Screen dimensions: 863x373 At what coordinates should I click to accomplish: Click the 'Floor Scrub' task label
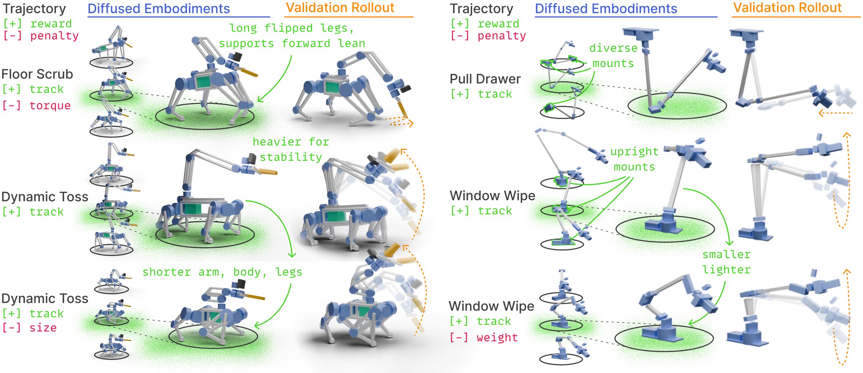(37, 74)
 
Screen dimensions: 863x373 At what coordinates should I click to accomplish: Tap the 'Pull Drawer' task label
(485, 79)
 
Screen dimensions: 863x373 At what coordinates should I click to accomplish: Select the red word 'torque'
(50, 106)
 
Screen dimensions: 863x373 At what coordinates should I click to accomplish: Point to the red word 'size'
(43, 328)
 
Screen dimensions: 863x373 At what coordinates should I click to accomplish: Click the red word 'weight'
(497, 338)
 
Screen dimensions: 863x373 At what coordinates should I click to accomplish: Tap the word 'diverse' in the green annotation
(613, 48)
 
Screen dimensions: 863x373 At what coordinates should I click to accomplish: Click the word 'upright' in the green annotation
(635, 152)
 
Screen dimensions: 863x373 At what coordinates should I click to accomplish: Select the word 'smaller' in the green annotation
(727, 255)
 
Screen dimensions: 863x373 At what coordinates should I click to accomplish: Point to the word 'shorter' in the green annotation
(167, 272)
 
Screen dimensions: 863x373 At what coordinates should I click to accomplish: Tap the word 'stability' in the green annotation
(291, 157)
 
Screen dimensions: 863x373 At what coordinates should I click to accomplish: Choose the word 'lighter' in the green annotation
(727, 270)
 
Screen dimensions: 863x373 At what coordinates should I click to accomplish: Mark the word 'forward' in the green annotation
(306, 44)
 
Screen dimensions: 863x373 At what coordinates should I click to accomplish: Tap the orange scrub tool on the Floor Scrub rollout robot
(403, 109)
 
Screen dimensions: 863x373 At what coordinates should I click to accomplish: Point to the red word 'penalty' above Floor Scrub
(54, 36)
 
